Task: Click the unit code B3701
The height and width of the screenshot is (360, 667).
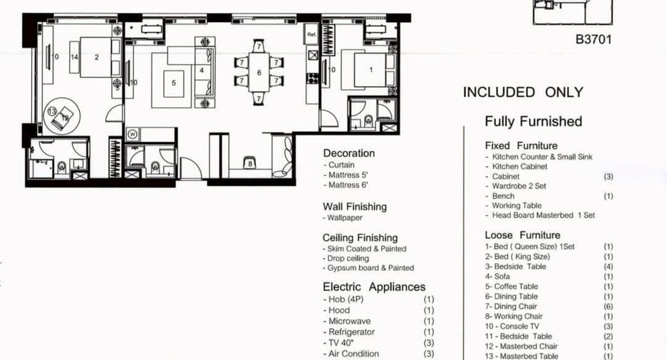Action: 594,40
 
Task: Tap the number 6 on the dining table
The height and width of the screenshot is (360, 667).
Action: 259,73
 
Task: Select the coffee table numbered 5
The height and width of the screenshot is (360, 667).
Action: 174,83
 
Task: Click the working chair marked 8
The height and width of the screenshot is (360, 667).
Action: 250,163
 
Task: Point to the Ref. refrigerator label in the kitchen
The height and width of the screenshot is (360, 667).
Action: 312,35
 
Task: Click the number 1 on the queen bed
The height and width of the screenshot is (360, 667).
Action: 371,70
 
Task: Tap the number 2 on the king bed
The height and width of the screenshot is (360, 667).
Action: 97,57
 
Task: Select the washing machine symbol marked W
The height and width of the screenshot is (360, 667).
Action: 133,135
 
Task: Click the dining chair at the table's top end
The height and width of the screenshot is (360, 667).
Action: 259,46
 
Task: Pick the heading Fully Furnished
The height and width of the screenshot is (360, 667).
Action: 533,121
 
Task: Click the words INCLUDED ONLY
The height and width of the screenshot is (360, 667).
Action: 523,93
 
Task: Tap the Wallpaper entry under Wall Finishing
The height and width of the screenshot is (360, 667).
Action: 343,218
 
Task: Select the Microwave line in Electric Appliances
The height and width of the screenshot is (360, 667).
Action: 347,322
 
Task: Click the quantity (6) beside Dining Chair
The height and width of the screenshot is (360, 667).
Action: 609,307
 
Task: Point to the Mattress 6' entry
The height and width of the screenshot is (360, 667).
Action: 346,185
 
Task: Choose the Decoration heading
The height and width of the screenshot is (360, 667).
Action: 348,153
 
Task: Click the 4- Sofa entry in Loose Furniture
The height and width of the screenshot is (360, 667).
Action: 497,277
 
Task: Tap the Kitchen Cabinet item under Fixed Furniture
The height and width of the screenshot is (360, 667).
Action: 517,166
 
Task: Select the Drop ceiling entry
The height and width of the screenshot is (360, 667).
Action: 346,258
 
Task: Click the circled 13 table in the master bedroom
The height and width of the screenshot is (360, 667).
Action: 52,111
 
